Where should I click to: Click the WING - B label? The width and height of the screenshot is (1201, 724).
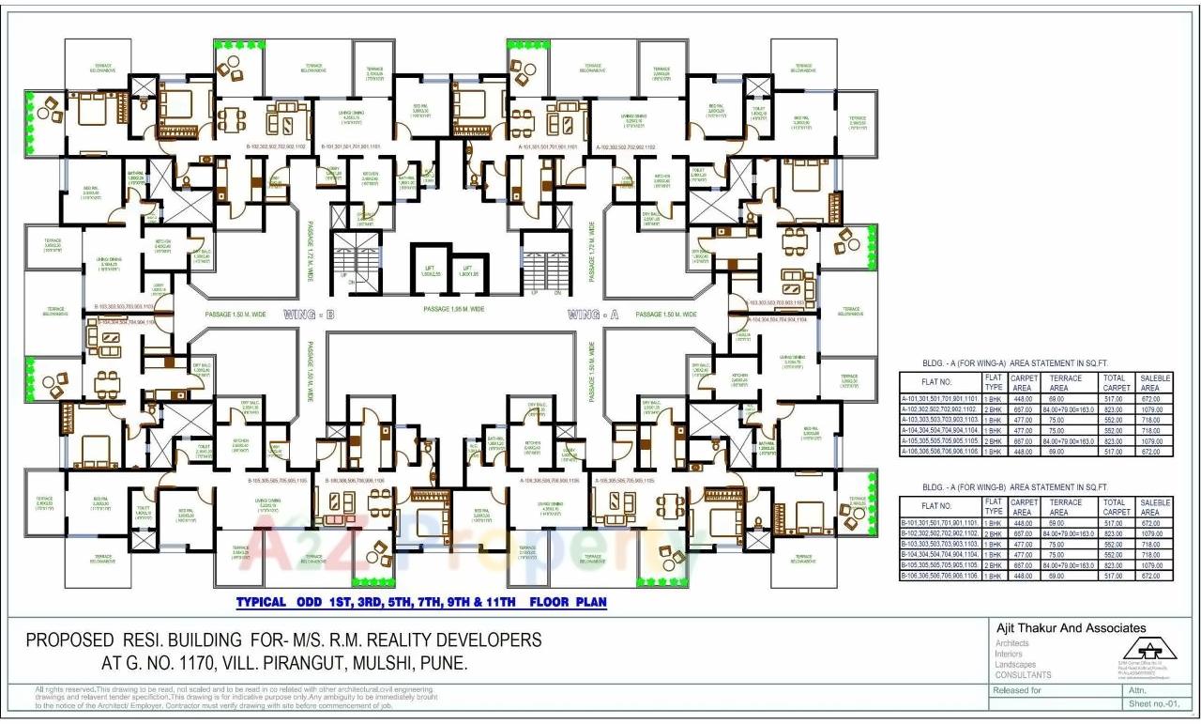point(309,316)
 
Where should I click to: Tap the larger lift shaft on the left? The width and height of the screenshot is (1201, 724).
point(430,272)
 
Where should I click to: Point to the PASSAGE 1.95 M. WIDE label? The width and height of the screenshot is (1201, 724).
point(453,309)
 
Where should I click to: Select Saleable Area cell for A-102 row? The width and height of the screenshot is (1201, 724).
point(1155,409)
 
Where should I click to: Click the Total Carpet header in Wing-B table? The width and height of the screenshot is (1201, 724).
point(1117,506)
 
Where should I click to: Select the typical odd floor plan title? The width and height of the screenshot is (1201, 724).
point(421,602)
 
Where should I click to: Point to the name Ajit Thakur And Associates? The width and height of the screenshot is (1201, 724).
point(1071,628)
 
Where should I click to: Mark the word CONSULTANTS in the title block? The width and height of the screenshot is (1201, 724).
point(1023,675)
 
